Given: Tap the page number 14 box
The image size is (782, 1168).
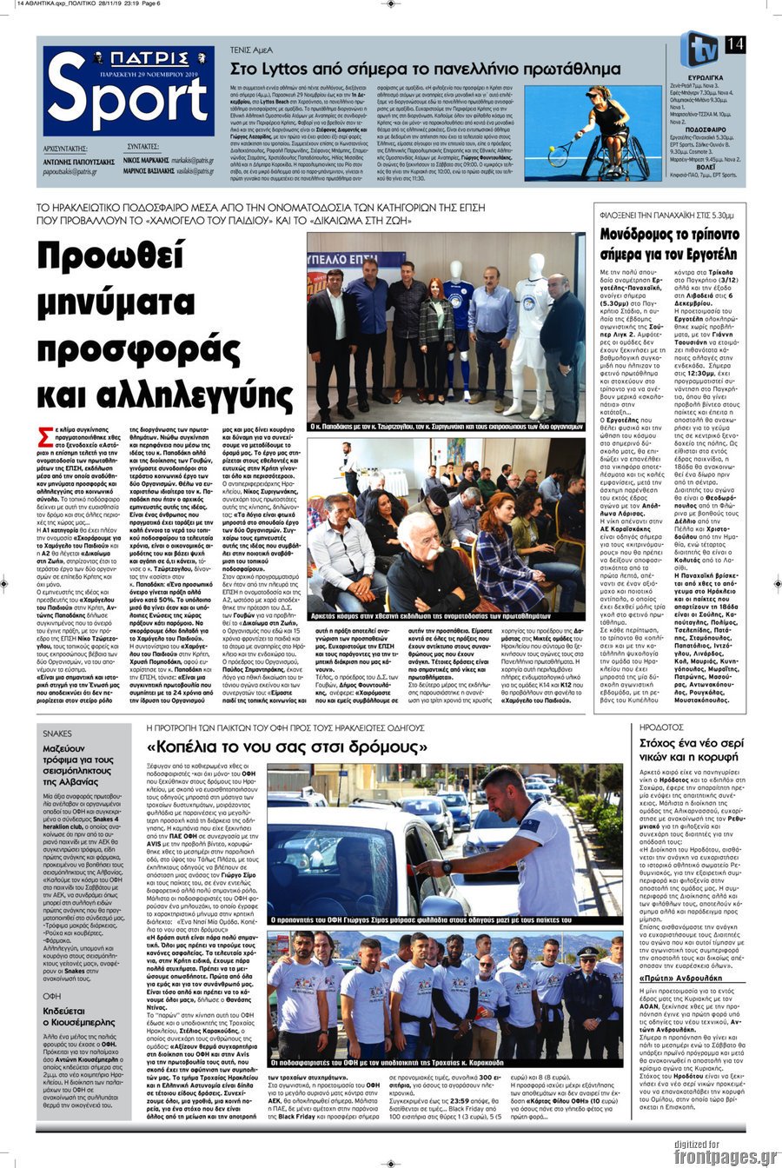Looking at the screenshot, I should (x=734, y=43).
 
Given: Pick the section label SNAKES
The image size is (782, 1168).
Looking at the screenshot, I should (x=58, y=733).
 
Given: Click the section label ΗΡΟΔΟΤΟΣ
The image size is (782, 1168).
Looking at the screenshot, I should (x=662, y=727).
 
